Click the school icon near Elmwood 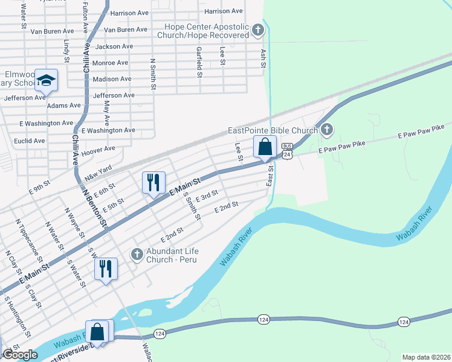click(46, 80)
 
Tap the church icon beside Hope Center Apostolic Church click(258, 30)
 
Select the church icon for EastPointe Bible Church click(326, 130)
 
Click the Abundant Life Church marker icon click(137, 255)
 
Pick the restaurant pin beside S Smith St click(153, 182)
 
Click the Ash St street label click(262, 59)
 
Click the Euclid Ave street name click(30, 141)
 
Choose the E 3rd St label click(206, 195)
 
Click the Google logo click(20, 355)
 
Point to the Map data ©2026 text click(425, 357)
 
